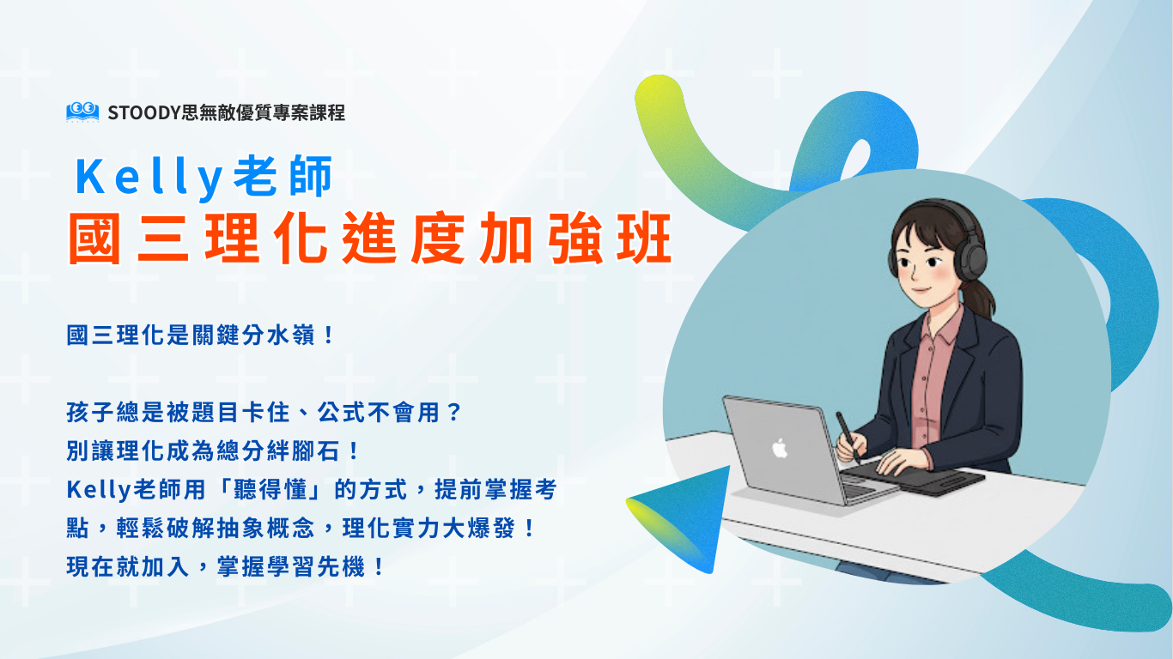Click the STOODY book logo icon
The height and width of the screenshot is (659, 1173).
tap(82, 112)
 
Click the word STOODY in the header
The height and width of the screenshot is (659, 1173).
tap(144, 112)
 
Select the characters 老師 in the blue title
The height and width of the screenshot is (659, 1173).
tap(283, 176)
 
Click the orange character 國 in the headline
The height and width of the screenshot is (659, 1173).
tap(94, 239)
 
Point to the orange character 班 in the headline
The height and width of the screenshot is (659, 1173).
tap(644, 239)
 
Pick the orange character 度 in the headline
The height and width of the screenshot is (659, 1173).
tap(438, 239)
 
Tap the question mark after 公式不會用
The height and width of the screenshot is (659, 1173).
tap(454, 413)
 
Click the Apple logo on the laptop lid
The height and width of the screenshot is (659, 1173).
tap(780, 449)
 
